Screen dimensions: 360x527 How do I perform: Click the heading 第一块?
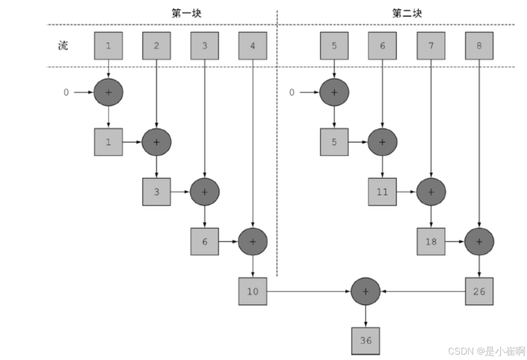coord(186,14)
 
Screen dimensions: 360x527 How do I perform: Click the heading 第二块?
coord(407,14)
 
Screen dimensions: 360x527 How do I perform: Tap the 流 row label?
coord(63,46)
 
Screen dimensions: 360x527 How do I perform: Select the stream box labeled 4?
coord(253,46)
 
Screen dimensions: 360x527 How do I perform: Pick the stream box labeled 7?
coord(431,46)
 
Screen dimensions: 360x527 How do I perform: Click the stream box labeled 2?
coord(156,46)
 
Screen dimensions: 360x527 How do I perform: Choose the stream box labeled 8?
coord(479,46)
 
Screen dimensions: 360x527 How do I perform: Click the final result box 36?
coord(366,340)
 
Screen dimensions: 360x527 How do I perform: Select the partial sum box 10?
coord(253,291)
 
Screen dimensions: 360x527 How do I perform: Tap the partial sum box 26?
coord(479,291)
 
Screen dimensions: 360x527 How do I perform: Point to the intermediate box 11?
coord(382,192)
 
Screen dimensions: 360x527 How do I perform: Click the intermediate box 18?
coord(431,241)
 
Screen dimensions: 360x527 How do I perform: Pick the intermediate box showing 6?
coord(205,241)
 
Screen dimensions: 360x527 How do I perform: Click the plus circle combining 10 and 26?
coord(366,291)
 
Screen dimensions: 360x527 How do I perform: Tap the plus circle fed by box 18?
coord(479,241)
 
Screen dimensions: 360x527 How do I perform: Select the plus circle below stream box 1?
coord(108,92)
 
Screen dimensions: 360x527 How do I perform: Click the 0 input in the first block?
coord(66,93)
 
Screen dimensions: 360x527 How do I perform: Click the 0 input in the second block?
coord(292,93)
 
